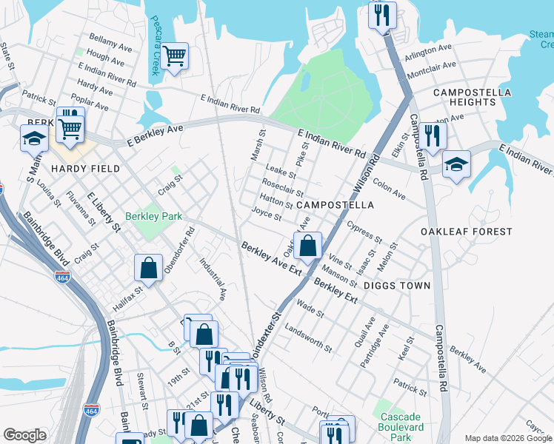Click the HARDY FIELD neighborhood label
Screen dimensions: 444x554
click(85, 169)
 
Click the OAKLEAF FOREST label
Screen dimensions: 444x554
click(466, 232)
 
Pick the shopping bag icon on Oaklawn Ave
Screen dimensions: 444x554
click(308, 246)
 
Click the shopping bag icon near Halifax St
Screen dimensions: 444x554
click(149, 269)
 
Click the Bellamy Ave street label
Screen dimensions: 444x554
click(110, 41)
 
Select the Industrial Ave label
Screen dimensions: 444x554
click(213, 278)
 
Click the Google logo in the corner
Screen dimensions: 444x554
click(24, 435)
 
